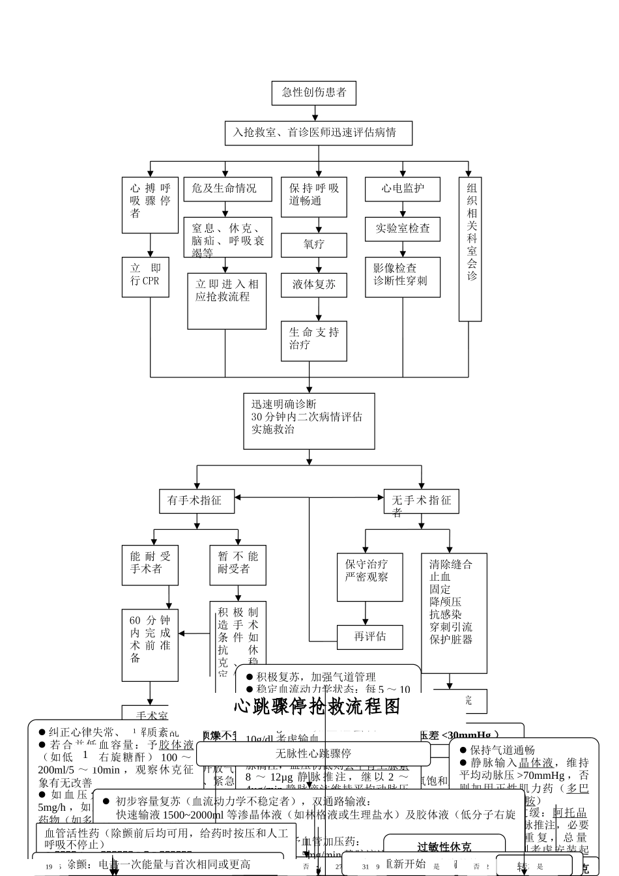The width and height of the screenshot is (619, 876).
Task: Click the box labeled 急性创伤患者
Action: pos(314,93)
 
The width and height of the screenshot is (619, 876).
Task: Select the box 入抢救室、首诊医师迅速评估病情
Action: pos(319,133)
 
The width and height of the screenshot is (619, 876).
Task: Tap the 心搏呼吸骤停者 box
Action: pos(150,205)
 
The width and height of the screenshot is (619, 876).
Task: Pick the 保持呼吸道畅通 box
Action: pos(314,196)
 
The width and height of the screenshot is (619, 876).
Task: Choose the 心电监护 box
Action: pos(402,189)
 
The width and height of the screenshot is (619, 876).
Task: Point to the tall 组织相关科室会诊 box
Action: pos(470,249)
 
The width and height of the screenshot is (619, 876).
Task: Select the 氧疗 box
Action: pos(314,245)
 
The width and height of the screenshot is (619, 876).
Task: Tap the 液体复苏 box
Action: pos(314,285)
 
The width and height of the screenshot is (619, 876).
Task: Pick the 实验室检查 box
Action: pos(402,229)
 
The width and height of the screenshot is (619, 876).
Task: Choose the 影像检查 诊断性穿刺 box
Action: pos(402,277)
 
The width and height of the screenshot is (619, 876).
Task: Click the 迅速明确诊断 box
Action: pos(309,420)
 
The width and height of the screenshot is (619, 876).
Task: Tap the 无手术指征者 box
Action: pos(421,501)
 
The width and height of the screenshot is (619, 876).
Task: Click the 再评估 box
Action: pos(369,637)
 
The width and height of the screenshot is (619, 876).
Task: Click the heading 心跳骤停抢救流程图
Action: pos(317,707)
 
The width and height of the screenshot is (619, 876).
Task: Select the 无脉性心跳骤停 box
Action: pos(313,753)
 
